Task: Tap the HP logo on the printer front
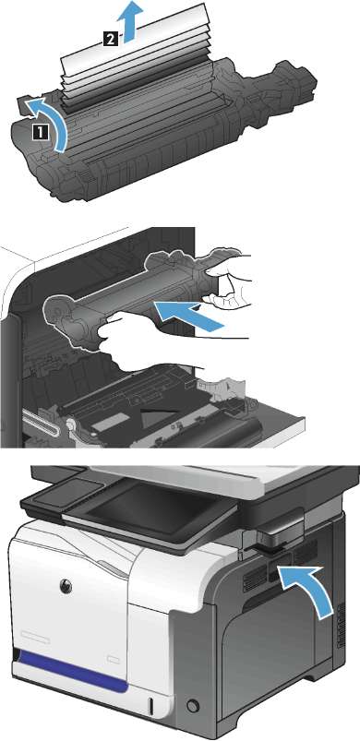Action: click(x=66, y=586)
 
